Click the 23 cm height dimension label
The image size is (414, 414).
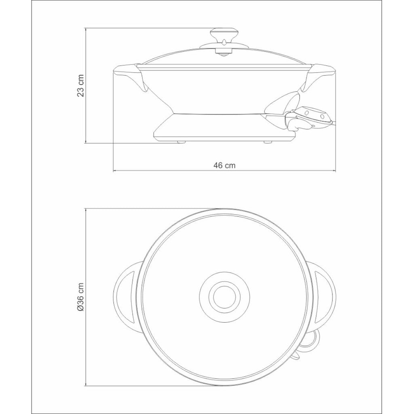(80, 86)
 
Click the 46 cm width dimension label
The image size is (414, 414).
(224, 165)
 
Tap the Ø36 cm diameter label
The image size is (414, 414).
(80, 296)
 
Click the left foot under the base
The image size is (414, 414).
(181, 142)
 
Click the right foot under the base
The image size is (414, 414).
(268, 142)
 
